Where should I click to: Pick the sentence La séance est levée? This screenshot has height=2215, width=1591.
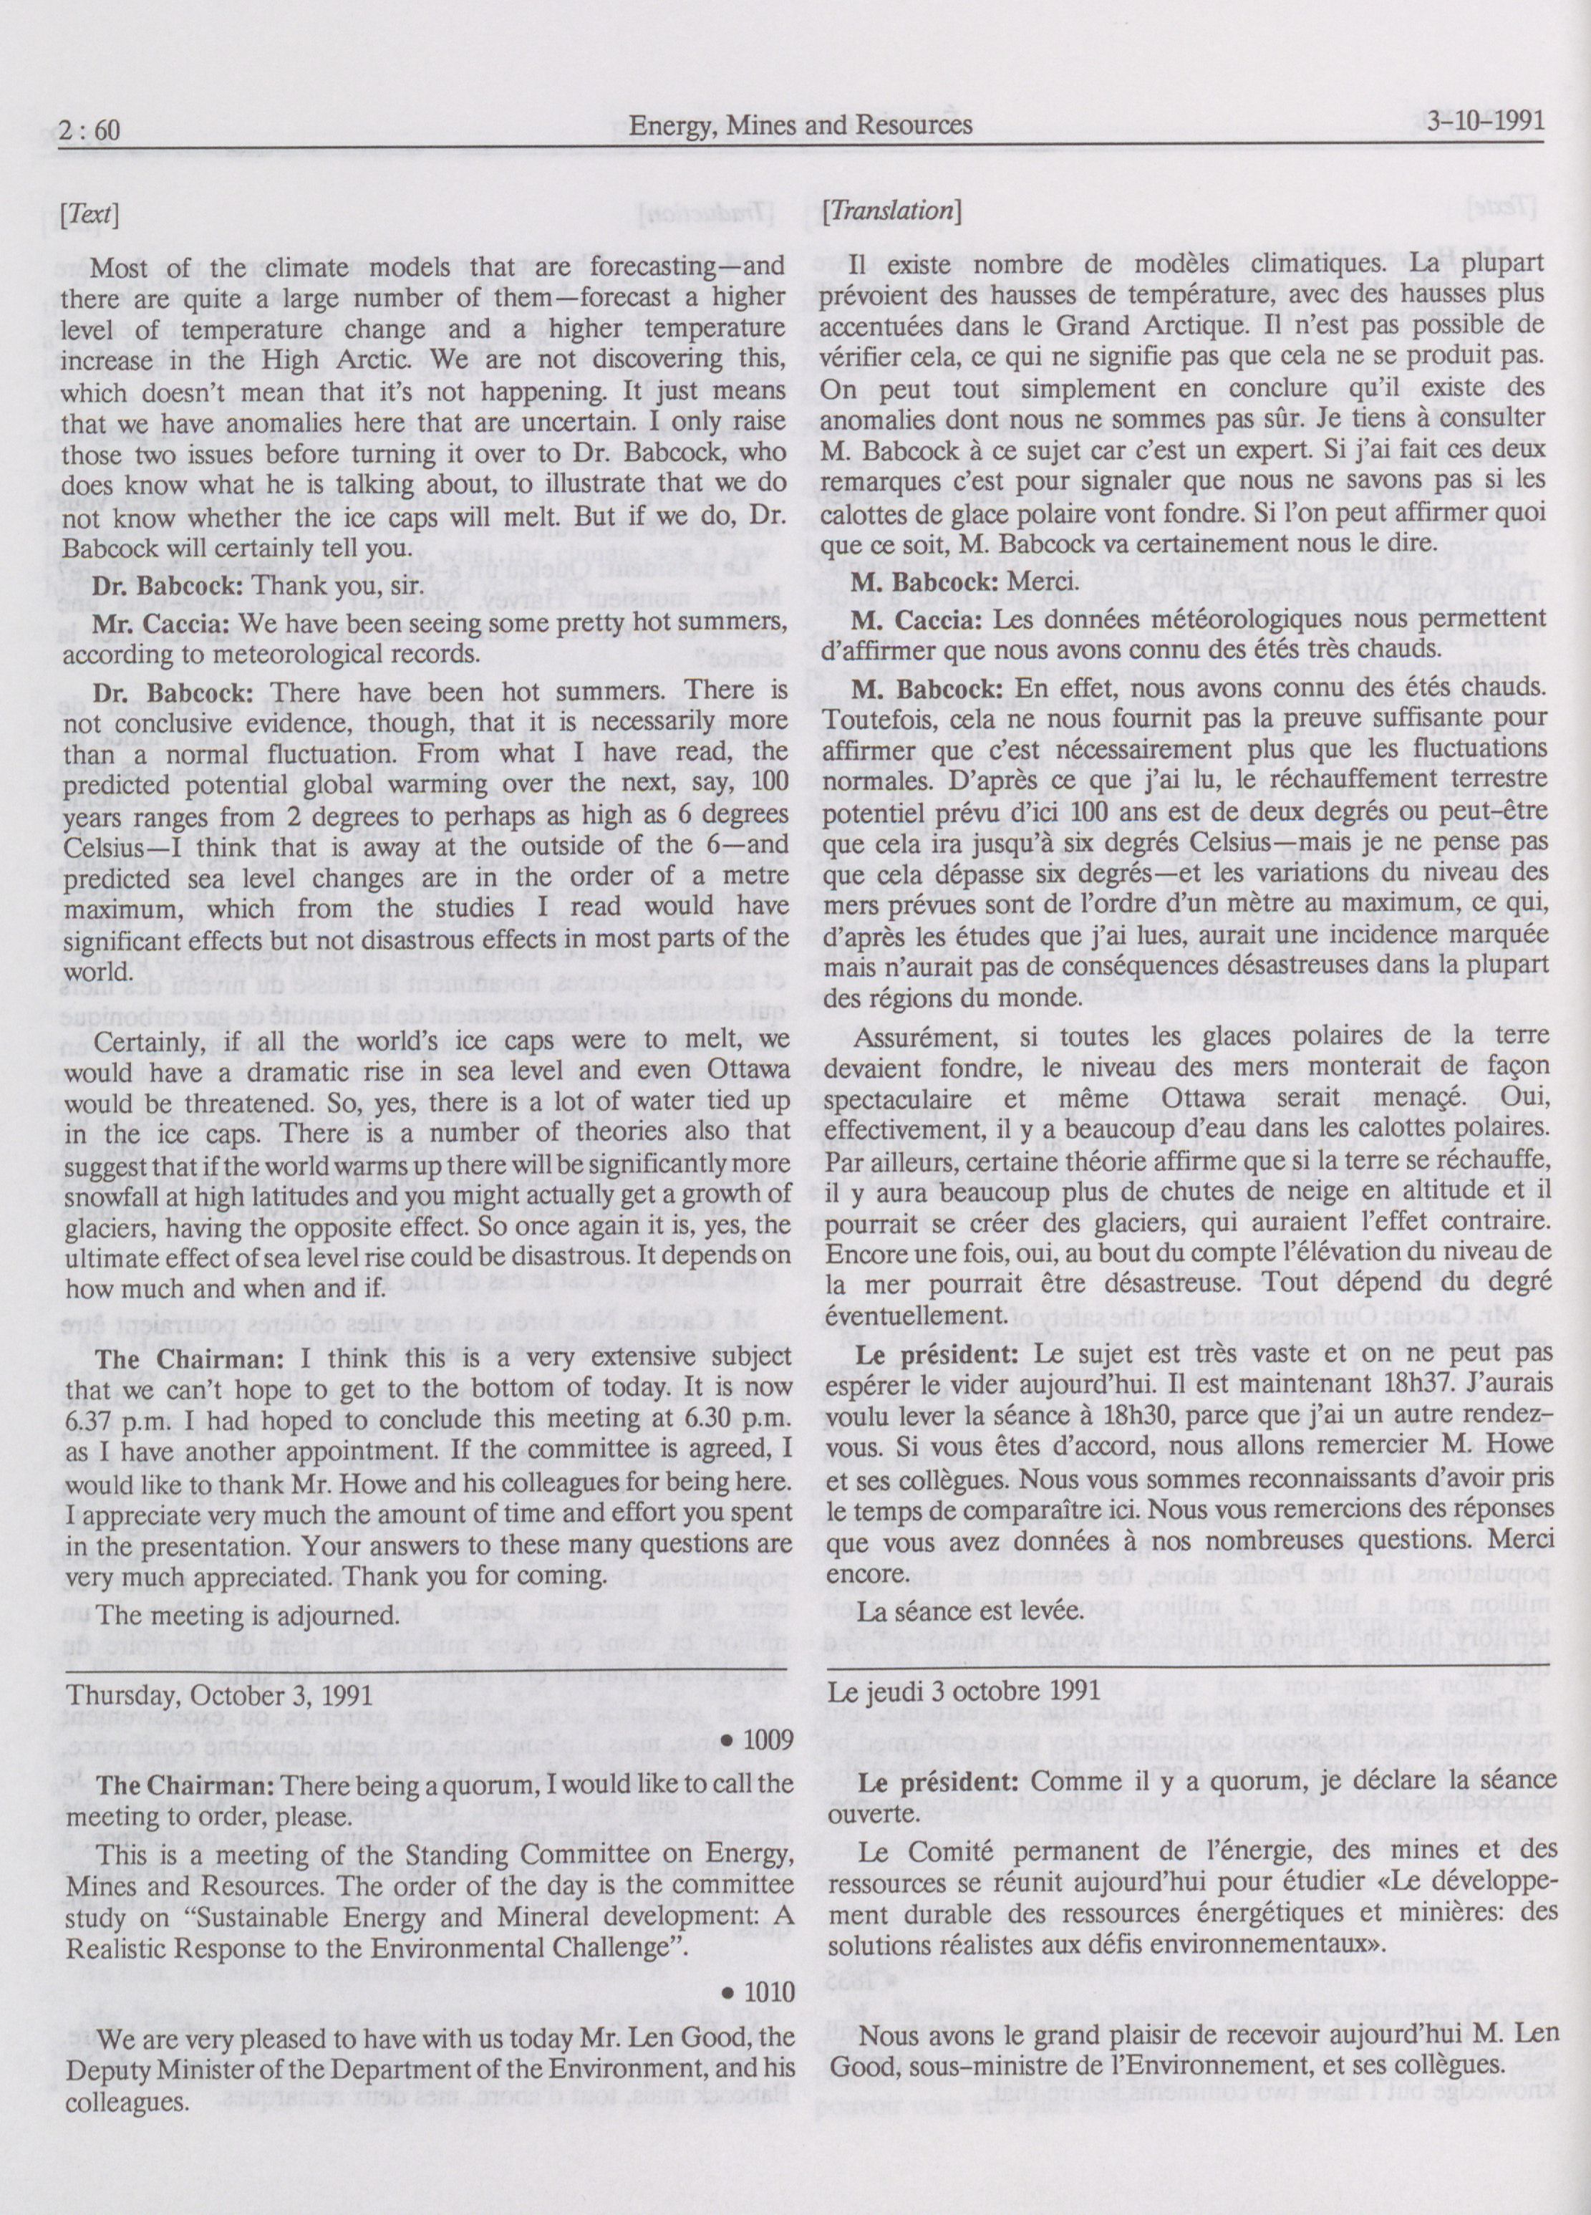click(x=956, y=1608)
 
